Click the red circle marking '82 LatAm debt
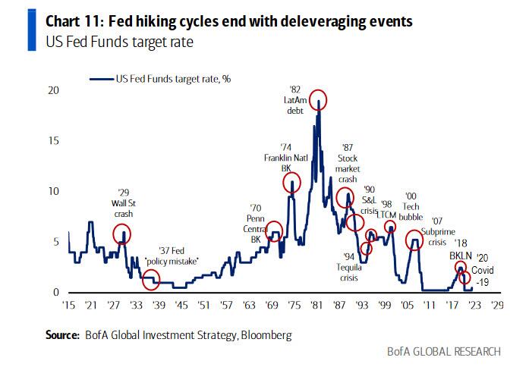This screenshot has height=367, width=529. [318, 99]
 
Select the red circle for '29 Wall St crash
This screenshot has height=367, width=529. [122, 234]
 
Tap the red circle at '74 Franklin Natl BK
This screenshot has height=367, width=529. [291, 182]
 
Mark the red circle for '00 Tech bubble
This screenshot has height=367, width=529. [414, 241]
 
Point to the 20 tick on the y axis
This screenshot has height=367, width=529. [53, 90]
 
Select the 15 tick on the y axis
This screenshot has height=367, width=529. [53, 141]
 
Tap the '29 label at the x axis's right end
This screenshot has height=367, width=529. [496, 306]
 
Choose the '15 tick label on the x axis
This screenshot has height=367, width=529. [70, 306]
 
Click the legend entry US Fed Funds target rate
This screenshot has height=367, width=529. [161, 78]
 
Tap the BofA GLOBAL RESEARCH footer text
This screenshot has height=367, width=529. [443, 351]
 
